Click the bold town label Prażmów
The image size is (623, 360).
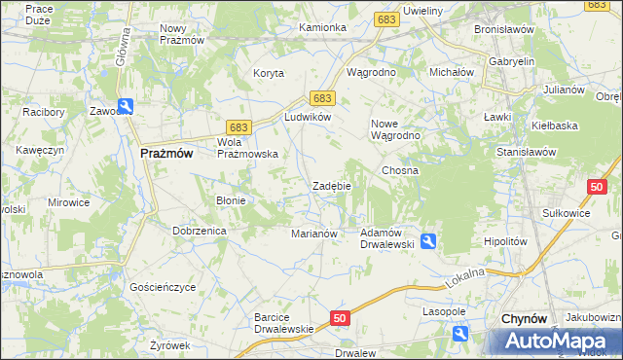click(166, 153)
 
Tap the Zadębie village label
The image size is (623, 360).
click(331, 186)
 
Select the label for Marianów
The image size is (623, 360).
click(314, 234)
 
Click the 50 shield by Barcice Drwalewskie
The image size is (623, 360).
click(340, 317)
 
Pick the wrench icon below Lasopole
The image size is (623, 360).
click(460, 335)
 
